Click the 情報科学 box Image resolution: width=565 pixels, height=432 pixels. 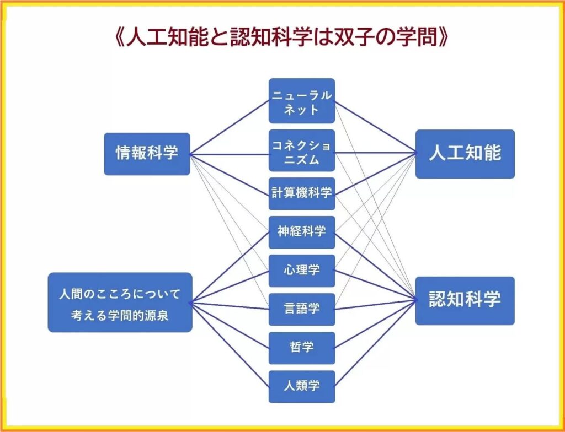(x=147, y=154)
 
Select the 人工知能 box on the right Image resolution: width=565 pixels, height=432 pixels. (x=465, y=154)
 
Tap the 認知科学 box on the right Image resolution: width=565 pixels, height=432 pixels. (x=465, y=301)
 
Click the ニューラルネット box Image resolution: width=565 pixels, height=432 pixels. (x=302, y=101)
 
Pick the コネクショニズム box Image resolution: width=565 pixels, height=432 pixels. (x=302, y=150)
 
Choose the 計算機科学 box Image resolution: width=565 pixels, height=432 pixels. (x=302, y=193)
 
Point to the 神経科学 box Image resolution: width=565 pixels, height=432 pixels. (x=302, y=232)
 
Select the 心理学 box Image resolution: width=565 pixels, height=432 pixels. (x=302, y=271)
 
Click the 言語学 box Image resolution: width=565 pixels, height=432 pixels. (x=302, y=309)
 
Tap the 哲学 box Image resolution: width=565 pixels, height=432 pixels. (x=302, y=348)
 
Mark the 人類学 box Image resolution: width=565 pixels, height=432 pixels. (x=302, y=387)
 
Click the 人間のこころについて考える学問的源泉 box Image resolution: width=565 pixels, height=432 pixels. (x=120, y=303)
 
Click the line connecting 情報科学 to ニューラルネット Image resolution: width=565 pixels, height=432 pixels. (x=230, y=127)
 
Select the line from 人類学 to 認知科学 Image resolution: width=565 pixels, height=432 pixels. (x=375, y=344)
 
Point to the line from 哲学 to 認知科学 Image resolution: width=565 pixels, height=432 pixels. (x=375, y=325)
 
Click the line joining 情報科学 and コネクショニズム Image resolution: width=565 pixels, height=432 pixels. (x=230, y=154)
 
